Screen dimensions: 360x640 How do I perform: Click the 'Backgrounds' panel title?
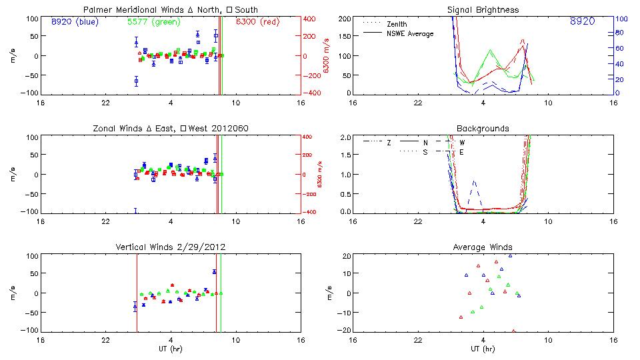point(483,128)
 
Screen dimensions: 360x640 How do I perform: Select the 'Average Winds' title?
point(483,247)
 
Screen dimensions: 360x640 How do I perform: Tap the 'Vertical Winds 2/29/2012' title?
point(170,247)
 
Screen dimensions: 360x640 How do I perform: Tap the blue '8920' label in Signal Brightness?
point(582,21)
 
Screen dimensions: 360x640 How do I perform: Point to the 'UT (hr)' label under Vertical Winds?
point(170,349)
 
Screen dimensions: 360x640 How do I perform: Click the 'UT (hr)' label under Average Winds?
point(483,349)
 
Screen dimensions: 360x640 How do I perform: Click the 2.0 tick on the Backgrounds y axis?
point(345,137)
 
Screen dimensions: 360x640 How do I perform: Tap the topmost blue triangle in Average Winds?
point(511,255)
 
